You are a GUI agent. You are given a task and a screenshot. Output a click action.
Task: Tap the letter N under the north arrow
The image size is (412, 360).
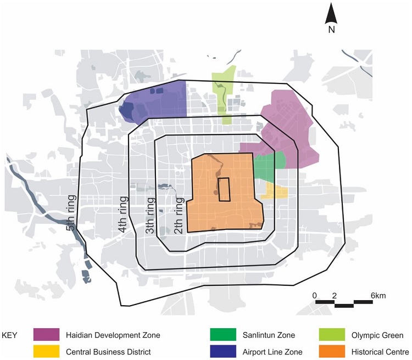tap(331, 30)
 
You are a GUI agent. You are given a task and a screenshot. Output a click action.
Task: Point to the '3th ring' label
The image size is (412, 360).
tap(149, 215)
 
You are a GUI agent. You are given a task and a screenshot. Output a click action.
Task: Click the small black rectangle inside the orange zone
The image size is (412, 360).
tap(224, 190)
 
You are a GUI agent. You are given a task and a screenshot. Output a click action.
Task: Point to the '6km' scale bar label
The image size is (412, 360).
tap(378, 296)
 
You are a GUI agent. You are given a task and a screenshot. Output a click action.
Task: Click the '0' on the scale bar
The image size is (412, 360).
tap(315, 296)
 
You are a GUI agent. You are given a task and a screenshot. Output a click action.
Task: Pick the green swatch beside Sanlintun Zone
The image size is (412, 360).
tap(223, 335)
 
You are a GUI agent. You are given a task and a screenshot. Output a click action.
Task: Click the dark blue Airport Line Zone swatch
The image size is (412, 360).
tap(223, 352)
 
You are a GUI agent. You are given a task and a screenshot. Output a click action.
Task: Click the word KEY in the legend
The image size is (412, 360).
tap(12, 335)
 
